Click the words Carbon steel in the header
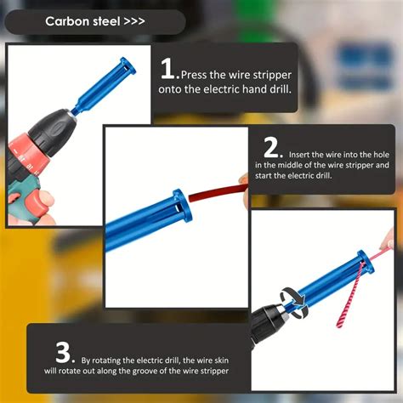tap(82, 21)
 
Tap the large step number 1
tap(167, 68)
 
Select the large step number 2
tap(272, 147)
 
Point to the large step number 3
tap(64, 353)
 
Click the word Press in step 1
tap(194, 75)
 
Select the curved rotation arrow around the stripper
tap(294, 302)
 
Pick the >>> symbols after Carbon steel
tap(134, 21)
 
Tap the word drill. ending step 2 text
tap(323, 176)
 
